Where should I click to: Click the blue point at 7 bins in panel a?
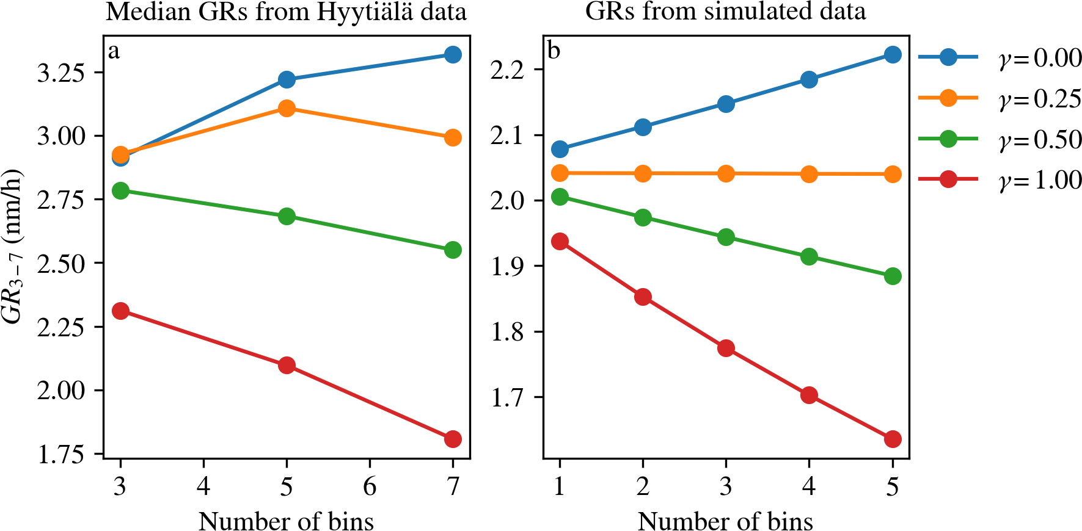[x=453, y=55]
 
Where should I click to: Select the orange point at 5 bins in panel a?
[x=287, y=109]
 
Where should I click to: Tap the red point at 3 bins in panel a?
[x=120, y=311]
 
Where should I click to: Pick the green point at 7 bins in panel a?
[x=453, y=250]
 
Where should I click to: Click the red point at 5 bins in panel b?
[x=893, y=439]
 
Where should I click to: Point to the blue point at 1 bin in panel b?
[x=560, y=149]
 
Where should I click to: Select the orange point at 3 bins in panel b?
[x=726, y=174]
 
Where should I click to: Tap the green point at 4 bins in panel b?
[x=809, y=256]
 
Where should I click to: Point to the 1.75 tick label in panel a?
[x=61, y=455]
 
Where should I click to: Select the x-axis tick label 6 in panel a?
[x=370, y=486]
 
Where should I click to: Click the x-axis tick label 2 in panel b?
[x=643, y=486]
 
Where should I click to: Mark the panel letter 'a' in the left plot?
[x=114, y=51]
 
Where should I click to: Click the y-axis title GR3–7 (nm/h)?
[x=12, y=246]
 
